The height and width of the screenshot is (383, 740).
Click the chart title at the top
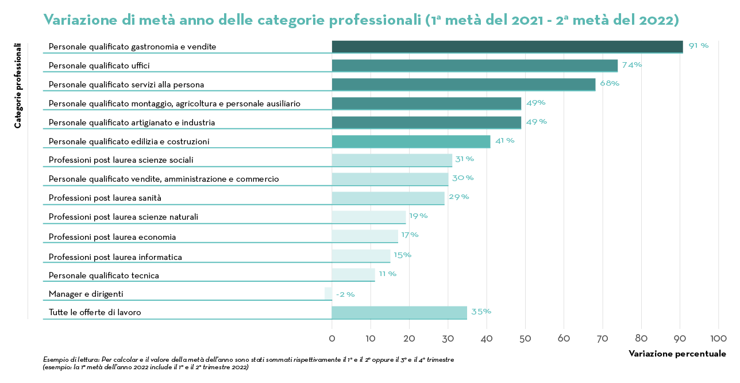361,20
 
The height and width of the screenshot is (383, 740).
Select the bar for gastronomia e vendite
507,47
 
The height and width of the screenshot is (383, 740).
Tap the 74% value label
631,65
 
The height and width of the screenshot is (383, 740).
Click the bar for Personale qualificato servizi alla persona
464,85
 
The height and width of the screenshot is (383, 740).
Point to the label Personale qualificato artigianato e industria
132,122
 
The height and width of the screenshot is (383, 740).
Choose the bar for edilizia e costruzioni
411,141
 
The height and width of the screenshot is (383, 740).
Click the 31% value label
464,159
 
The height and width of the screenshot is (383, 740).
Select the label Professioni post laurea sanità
105,198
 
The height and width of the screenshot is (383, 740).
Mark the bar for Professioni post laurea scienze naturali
369,217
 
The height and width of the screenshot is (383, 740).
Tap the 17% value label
410,235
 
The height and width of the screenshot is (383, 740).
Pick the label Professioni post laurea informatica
115,257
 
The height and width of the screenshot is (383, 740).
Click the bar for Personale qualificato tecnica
353,275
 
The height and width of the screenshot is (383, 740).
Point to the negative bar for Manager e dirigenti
328,293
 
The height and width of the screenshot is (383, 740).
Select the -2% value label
345,294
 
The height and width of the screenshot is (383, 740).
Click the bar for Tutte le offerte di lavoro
399,312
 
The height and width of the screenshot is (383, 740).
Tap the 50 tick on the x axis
525,338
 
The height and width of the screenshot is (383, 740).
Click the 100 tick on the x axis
718,338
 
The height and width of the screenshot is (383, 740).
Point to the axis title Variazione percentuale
677,354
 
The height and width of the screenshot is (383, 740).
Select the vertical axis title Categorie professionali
18,85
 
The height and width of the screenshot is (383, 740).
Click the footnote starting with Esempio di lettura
248,363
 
